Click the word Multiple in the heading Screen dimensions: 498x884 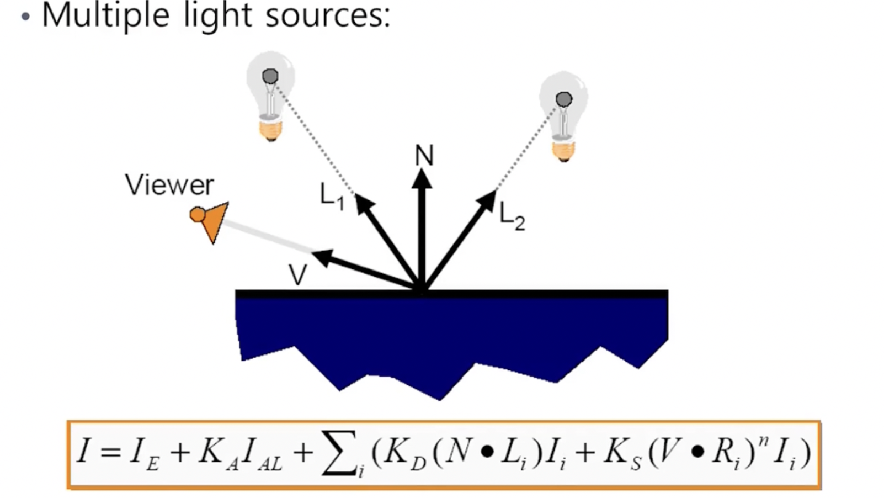point(105,15)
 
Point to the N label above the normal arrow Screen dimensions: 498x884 point(424,156)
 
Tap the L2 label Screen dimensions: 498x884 point(512,216)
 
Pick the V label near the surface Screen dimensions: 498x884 point(298,274)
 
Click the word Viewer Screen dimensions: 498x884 point(169,185)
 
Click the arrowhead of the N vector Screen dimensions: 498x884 point(422,178)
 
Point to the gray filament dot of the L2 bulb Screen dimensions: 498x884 point(563,99)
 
